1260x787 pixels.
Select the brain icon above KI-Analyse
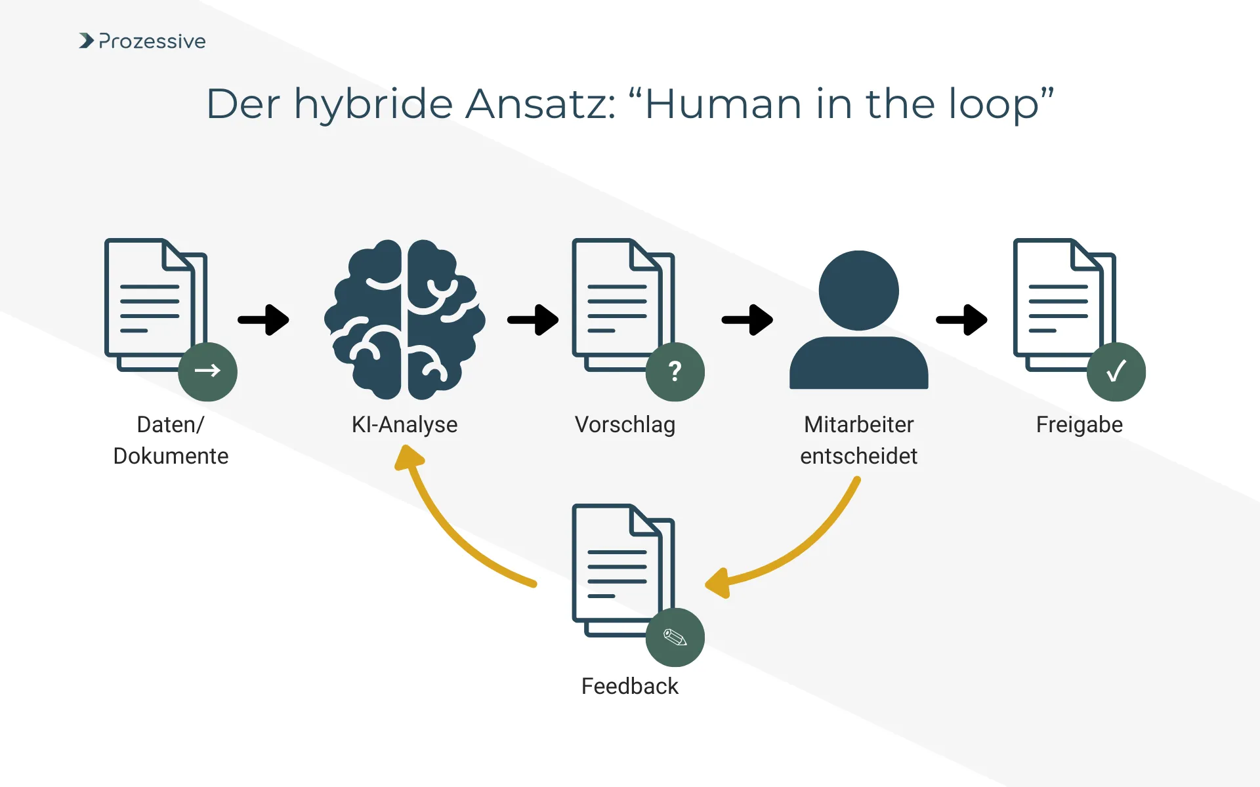404,319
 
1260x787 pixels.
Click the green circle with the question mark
675,371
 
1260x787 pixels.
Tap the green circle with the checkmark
1116,371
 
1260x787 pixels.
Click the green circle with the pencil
675,637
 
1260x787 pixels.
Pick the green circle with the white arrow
207,371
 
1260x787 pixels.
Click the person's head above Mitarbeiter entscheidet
858,291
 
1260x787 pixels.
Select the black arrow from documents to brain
264,320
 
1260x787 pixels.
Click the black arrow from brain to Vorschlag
533,320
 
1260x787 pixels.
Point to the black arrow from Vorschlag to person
747,320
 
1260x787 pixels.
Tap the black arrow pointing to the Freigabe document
962,320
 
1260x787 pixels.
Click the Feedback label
629,686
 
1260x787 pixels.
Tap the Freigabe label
1079,424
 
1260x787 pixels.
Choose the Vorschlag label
625,424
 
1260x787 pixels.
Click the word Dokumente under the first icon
171,456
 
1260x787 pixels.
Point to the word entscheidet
858,456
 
